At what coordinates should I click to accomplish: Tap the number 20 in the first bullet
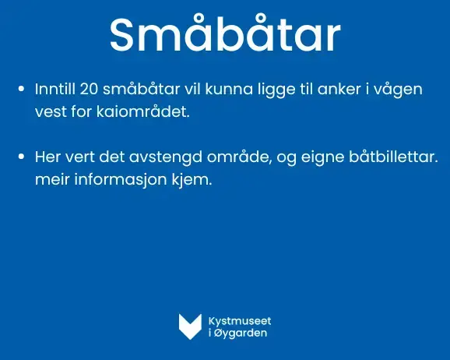pyautogui.click(x=89, y=89)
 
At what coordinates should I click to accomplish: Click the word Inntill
pyautogui.click(x=55, y=89)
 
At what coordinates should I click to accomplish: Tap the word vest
pyautogui.click(x=51, y=111)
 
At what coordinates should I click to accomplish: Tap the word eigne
pyautogui.click(x=322, y=158)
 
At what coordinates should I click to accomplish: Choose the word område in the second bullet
pyautogui.click(x=239, y=157)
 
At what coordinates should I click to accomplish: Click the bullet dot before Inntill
pyautogui.click(x=21, y=89)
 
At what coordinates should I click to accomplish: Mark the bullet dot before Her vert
pyautogui.click(x=21, y=157)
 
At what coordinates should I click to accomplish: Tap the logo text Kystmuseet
pyautogui.click(x=240, y=321)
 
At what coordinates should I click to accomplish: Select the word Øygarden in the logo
pyautogui.click(x=241, y=334)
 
